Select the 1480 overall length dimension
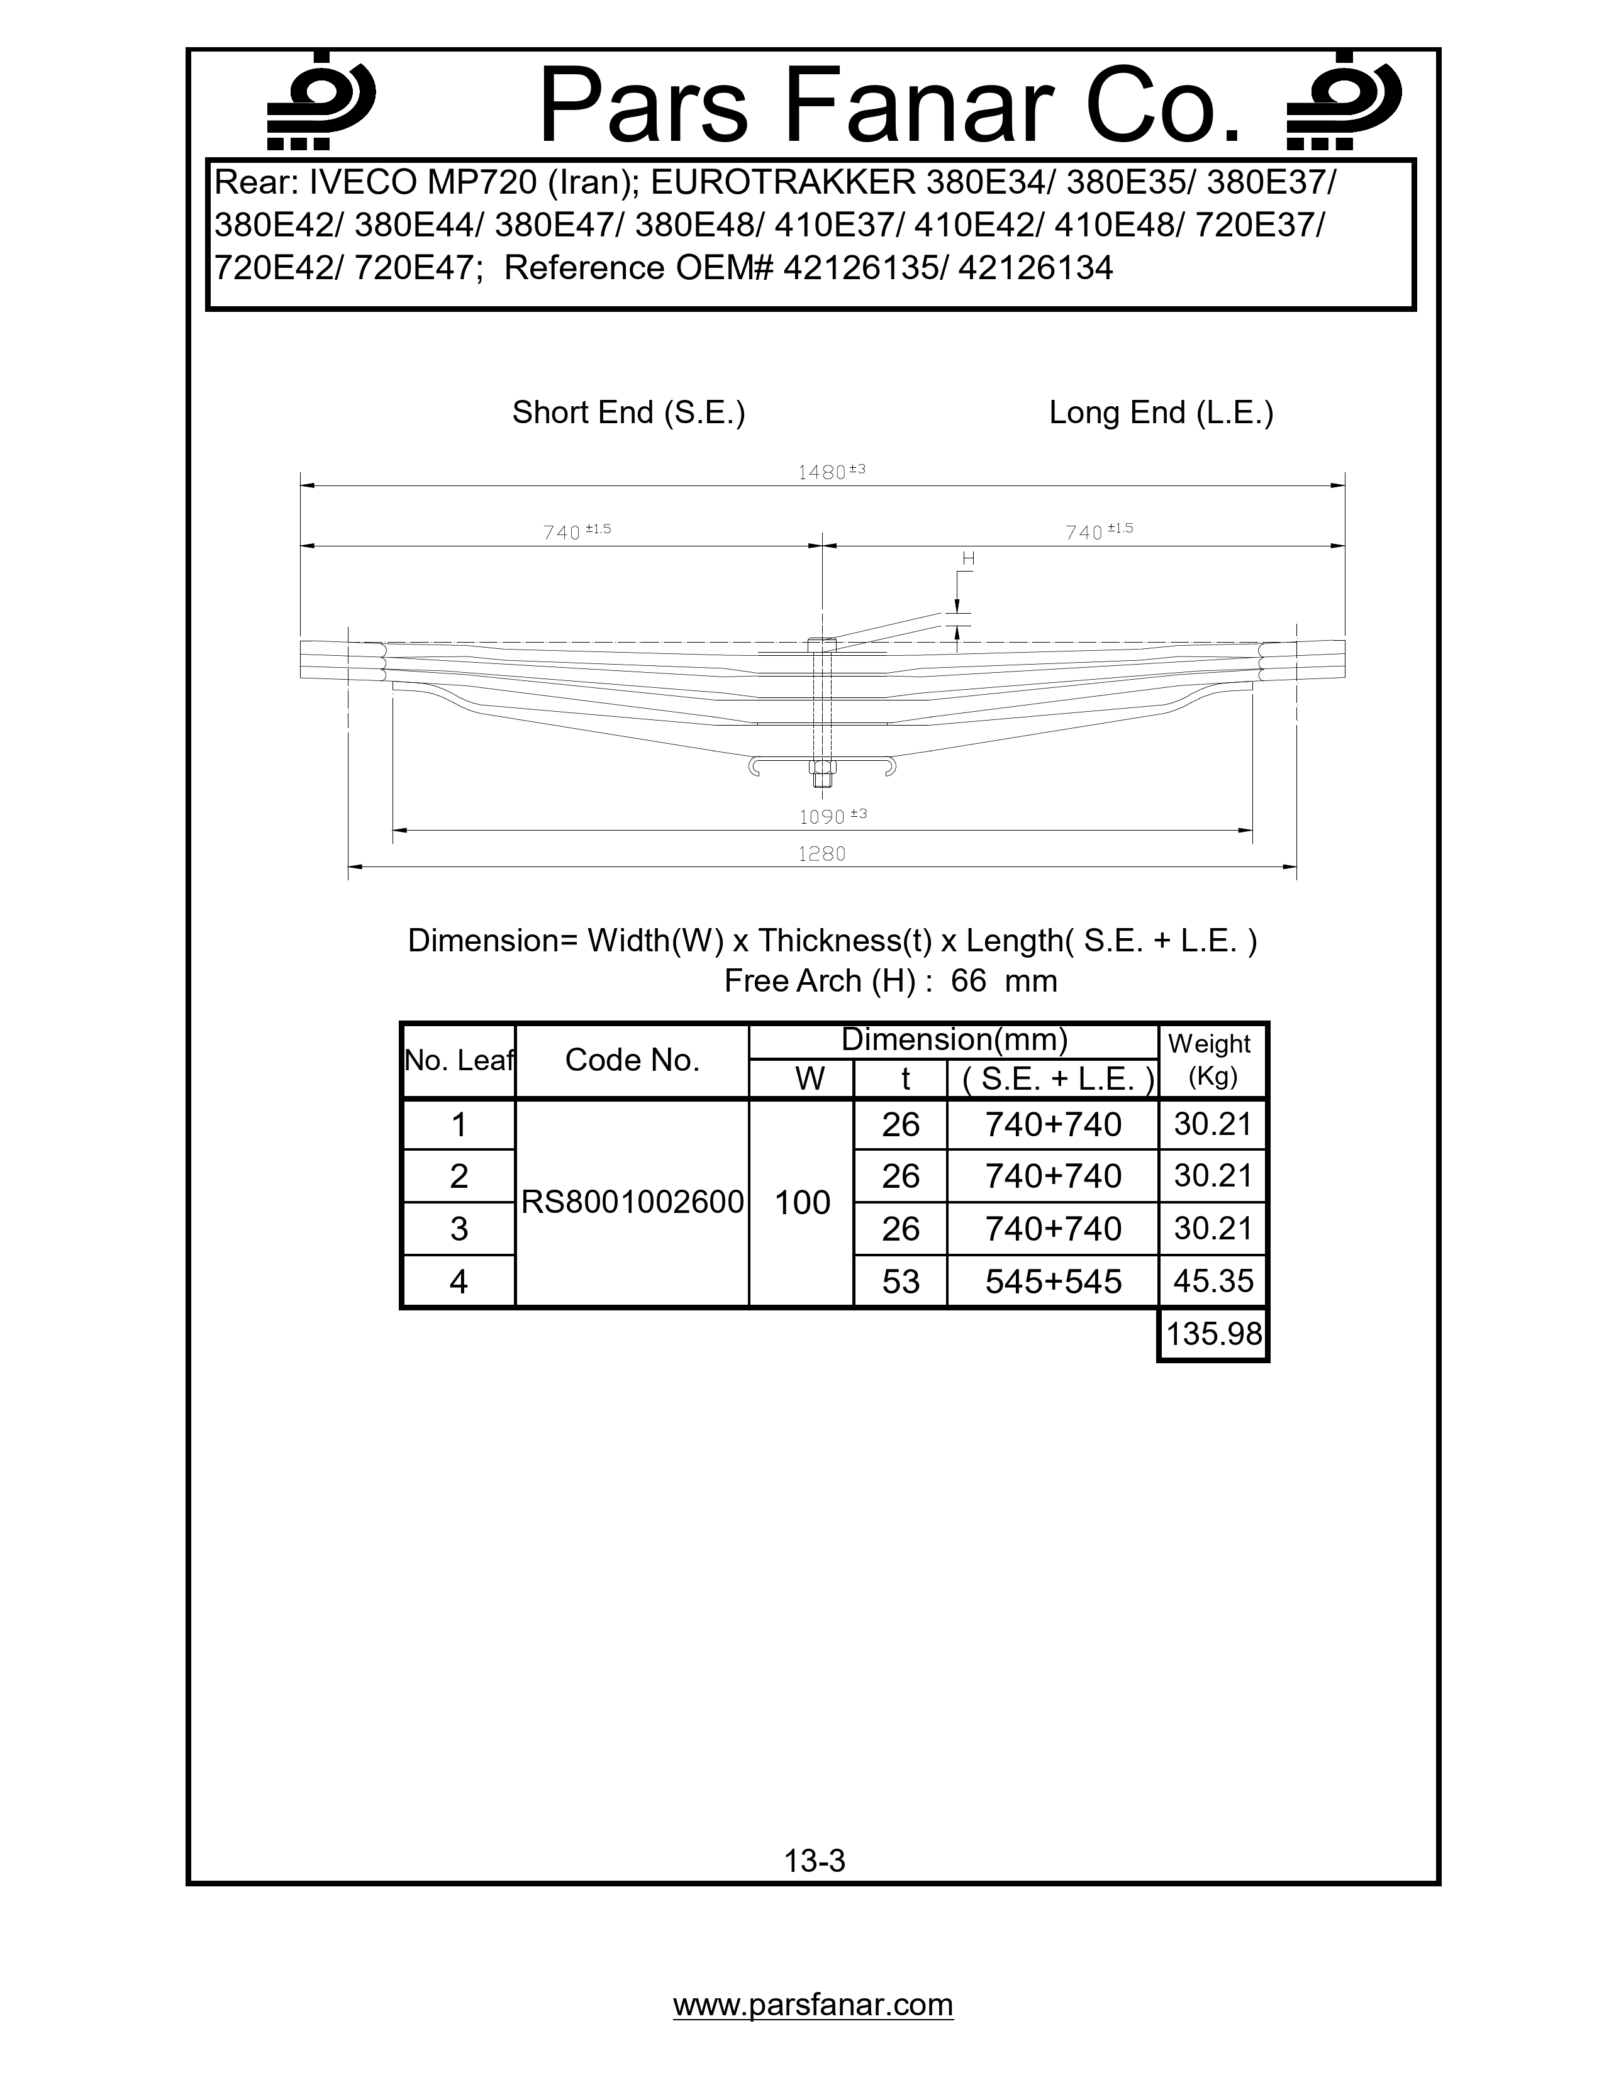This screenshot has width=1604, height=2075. pyautogui.click(x=830, y=471)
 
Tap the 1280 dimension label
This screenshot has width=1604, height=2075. pyautogui.click(x=821, y=853)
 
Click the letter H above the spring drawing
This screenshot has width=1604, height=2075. pyautogui.click(x=968, y=560)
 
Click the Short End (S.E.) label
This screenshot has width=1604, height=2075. pyautogui.click(x=628, y=412)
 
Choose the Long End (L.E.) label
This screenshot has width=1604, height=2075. pyautogui.click(x=1161, y=412)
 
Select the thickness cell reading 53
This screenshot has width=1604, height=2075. pyautogui.click(x=900, y=1281)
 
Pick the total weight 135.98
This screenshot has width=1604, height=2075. pyautogui.click(x=1213, y=1334)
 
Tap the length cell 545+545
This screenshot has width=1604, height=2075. pyautogui.click(x=1053, y=1281)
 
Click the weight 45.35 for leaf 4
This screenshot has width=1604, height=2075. pyautogui.click(x=1213, y=1281)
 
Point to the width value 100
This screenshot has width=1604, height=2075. pyautogui.click(x=802, y=1203)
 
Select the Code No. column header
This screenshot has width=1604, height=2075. pyautogui.click(x=632, y=1060)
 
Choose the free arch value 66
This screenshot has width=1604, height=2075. pyautogui.click(x=968, y=980)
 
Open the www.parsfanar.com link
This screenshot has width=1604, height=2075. pyautogui.click(x=813, y=2005)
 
